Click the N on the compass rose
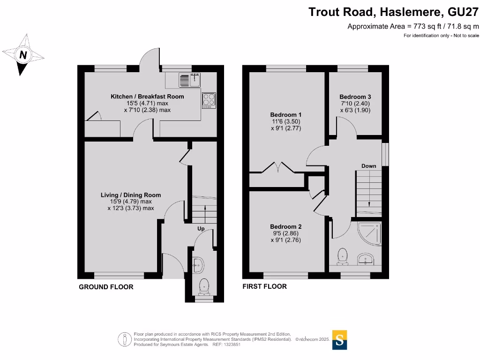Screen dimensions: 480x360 tap(23, 55)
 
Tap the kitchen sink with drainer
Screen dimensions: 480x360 tap(189, 80)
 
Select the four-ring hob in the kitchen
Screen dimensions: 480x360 tap(209, 100)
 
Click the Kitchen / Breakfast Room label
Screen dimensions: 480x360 tap(147, 97)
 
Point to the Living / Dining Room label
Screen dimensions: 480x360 tap(131, 195)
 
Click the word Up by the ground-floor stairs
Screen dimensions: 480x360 tap(201, 229)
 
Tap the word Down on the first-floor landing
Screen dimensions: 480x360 tap(368, 166)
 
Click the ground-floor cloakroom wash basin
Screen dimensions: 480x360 tap(198, 265)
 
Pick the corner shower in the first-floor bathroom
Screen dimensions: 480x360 tap(369, 234)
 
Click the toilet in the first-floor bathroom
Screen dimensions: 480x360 tap(342, 256)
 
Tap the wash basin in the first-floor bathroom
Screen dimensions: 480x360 tap(365, 259)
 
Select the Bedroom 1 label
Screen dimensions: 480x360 tap(285, 115)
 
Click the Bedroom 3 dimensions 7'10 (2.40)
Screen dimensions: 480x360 tap(355, 104)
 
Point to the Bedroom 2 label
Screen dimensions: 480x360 tap(285, 226)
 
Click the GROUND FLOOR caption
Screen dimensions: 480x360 tap(106, 287)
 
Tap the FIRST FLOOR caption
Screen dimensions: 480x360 tap(264, 286)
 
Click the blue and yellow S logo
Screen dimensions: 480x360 tap(339, 340)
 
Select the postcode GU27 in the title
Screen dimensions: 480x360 tap(463, 12)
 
